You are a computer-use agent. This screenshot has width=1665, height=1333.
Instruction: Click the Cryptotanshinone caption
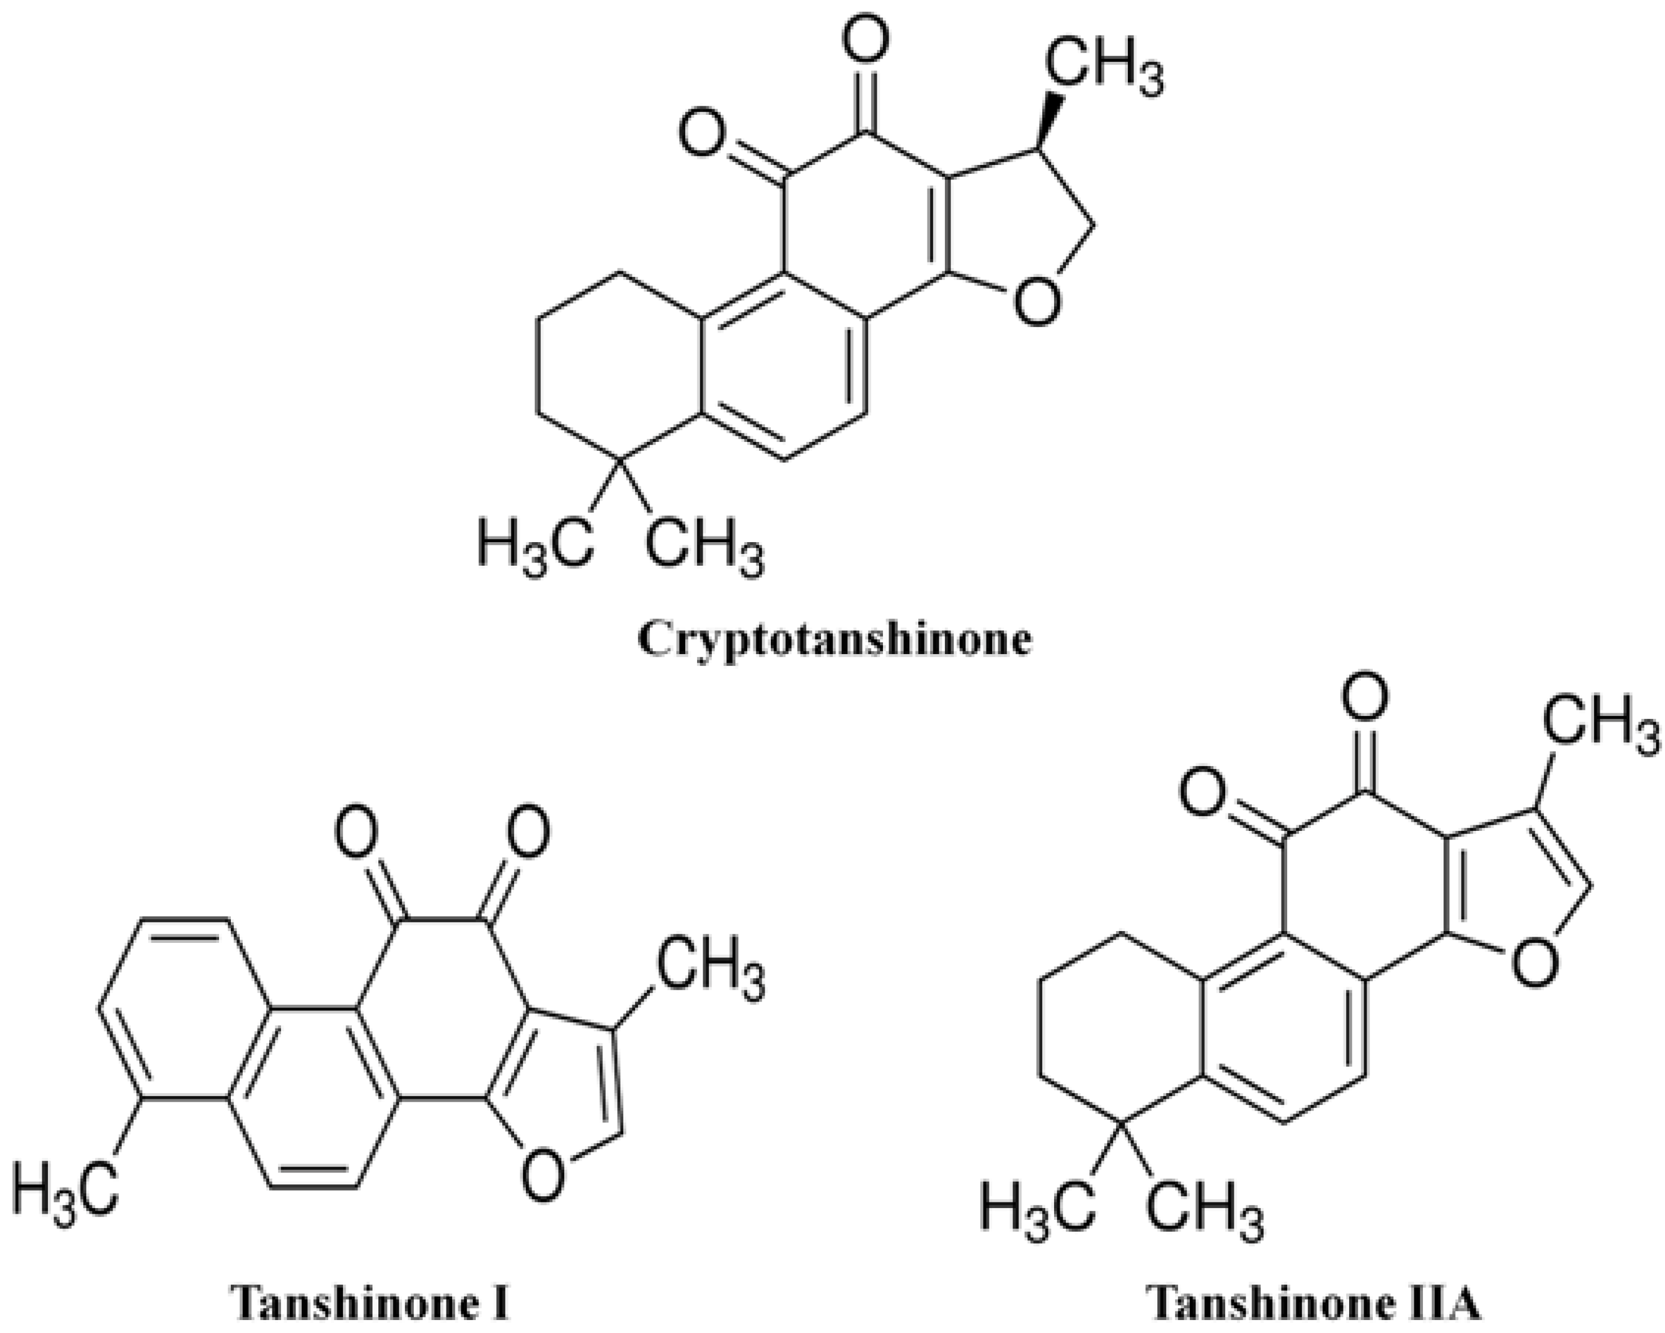tap(834, 640)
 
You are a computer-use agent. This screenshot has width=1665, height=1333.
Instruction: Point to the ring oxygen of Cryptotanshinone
tap(1035, 301)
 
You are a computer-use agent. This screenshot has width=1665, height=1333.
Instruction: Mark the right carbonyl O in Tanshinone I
tap(528, 834)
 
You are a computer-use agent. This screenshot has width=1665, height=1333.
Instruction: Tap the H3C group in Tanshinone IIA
tap(1037, 1208)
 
